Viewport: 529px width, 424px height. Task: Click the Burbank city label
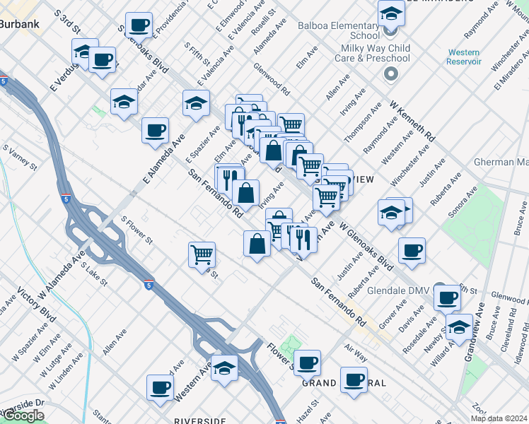(19, 23)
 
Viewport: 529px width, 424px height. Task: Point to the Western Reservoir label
(463, 57)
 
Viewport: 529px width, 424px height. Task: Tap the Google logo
(23, 416)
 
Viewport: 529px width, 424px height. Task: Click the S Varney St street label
(19, 158)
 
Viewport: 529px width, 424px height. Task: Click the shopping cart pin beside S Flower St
(202, 253)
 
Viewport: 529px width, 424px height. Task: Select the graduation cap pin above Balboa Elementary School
(390, 12)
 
